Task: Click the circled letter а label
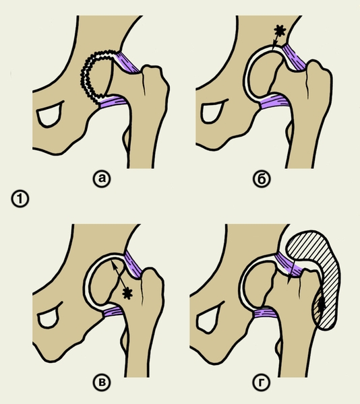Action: pos(102,178)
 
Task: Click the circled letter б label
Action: pos(262,178)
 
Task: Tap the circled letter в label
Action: pos(102,382)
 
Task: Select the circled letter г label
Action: pos(262,382)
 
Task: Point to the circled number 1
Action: pos(20,199)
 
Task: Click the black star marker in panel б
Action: pos(280,31)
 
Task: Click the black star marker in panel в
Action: pos(127,294)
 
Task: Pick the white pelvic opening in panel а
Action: pos(49,114)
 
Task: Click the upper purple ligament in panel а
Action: pos(127,63)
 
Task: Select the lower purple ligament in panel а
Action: pos(113,101)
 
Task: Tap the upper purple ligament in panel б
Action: pos(294,58)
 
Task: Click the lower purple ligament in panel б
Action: pos(275,101)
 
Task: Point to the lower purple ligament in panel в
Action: pos(113,312)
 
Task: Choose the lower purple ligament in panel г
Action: pos(265,314)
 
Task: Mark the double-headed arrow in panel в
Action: pos(119,275)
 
